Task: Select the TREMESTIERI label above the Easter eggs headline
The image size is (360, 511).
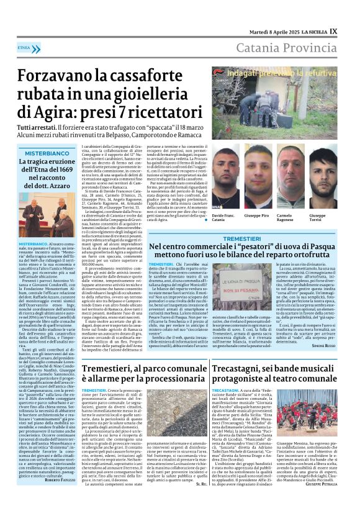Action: click(x=243, y=238)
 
